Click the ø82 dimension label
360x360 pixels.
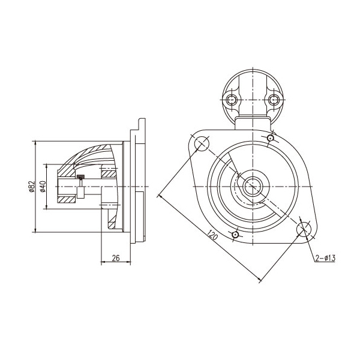(32, 186)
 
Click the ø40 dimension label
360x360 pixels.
(43, 186)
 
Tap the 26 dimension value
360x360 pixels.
(116, 258)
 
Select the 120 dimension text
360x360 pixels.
(212, 235)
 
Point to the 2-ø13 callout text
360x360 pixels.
(325, 258)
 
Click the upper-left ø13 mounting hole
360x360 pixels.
(202, 143)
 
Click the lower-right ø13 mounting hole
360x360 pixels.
(304, 229)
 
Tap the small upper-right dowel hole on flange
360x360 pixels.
(271, 138)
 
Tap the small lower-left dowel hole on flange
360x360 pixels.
(235, 235)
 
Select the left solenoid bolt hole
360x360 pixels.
(232, 100)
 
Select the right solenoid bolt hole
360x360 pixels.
(274, 100)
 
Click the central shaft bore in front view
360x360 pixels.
(253, 187)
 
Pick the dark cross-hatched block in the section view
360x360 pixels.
(80, 177)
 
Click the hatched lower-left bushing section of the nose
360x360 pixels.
(66, 200)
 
